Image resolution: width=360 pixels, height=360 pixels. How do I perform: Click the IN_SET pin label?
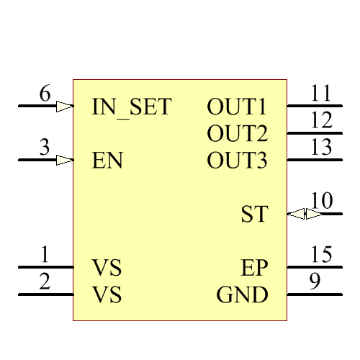coord(132,107)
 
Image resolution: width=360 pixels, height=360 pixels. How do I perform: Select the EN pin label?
coord(107,160)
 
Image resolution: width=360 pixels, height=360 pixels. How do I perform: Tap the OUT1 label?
coord(237,107)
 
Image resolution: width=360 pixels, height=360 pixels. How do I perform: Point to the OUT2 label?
coord(237,133)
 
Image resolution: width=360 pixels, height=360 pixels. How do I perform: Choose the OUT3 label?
coord(237,160)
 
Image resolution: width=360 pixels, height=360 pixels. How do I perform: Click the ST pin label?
coord(254,214)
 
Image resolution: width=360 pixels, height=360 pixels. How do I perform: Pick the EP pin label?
coord(254,269)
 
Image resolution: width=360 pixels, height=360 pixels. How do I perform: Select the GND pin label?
coord(242,295)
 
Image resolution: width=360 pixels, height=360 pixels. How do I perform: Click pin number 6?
coord(45,94)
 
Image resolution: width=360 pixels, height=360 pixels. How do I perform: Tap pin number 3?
coord(45,148)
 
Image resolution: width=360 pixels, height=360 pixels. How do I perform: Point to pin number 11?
coord(321,94)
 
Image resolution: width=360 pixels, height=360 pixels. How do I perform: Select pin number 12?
coord(321,120)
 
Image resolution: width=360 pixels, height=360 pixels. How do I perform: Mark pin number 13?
coord(321,148)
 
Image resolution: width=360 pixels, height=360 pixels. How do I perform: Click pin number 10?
coord(321,201)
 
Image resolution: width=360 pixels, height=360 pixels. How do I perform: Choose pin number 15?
coord(321,255)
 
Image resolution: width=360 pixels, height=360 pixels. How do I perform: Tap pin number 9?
coord(315,282)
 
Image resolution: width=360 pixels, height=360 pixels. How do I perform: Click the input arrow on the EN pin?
coord(65,160)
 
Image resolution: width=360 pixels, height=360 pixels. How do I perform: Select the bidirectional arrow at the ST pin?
coord(305,214)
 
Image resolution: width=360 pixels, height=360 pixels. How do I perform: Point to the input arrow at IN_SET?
coord(65,106)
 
